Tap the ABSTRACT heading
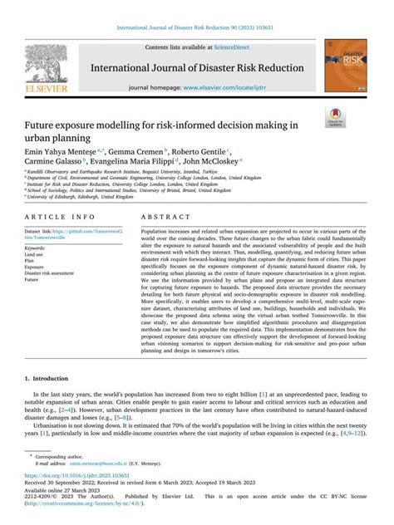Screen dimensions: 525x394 pos(165,215)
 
